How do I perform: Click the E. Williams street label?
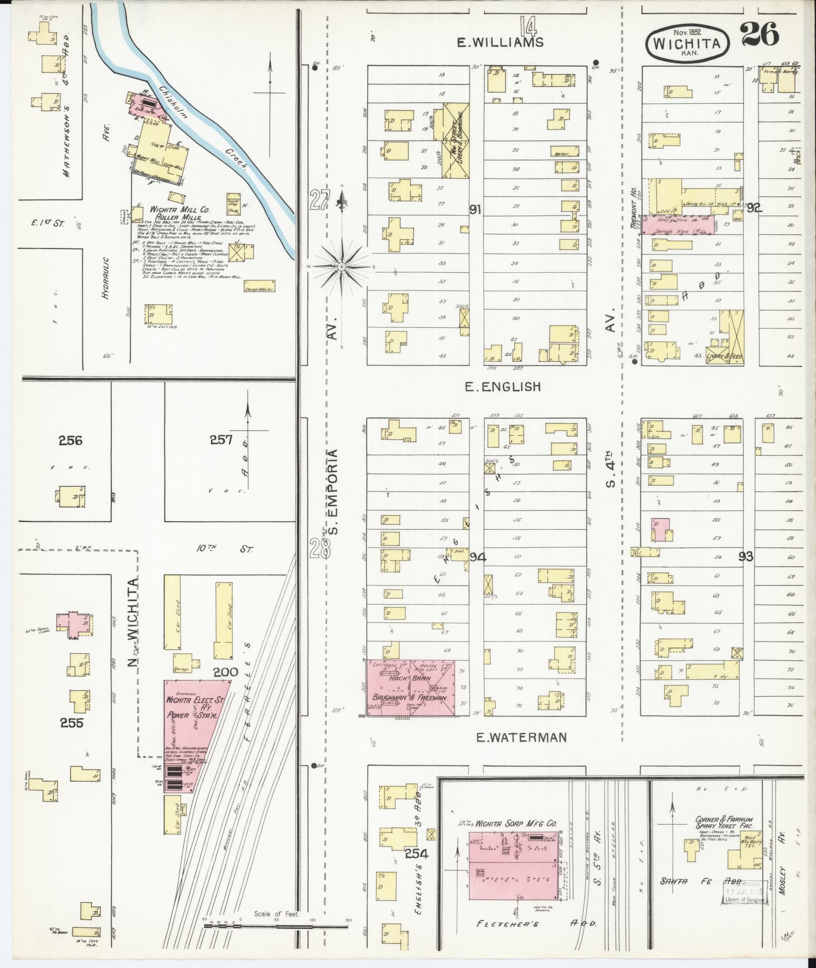[x=500, y=43]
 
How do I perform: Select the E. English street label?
[x=503, y=387]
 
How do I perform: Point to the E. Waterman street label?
[x=521, y=738]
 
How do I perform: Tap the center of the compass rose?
[x=342, y=266]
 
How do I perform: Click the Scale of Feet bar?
[x=276, y=925]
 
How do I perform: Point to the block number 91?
[x=475, y=209]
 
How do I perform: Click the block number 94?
[x=478, y=557]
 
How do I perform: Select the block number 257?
[x=222, y=440]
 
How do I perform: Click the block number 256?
[x=70, y=440]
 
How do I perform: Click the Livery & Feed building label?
[x=724, y=357]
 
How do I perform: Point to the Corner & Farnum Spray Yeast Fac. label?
[x=724, y=823]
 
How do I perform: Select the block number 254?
[x=416, y=854]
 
